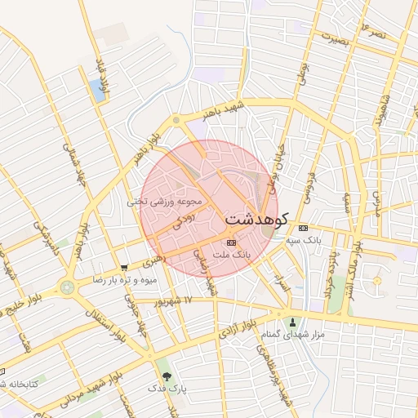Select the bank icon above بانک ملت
tap(231, 242)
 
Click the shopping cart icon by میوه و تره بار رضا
tap(123, 267)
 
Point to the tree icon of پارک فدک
tap(167, 377)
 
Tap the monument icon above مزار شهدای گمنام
tap(293, 322)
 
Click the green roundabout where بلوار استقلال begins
tap(66, 287)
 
